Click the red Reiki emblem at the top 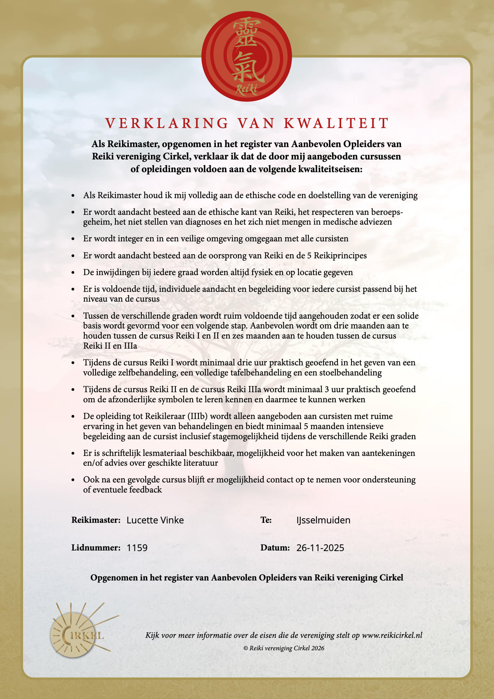pos(246,56)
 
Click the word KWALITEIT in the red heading pos(336,123)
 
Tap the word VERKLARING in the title pos(167,123)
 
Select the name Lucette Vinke pos(155,520)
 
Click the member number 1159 pos(137,548)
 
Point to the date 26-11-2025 pos(320,548)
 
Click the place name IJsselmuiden pos(323,520)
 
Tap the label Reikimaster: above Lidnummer pos(96,520)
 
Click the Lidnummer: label pos(96,548)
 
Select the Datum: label pos(275,548)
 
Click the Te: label pos(266,520)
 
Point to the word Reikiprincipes pos(340,255)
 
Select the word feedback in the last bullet pos(146,490)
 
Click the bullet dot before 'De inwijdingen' pos(73,273)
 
